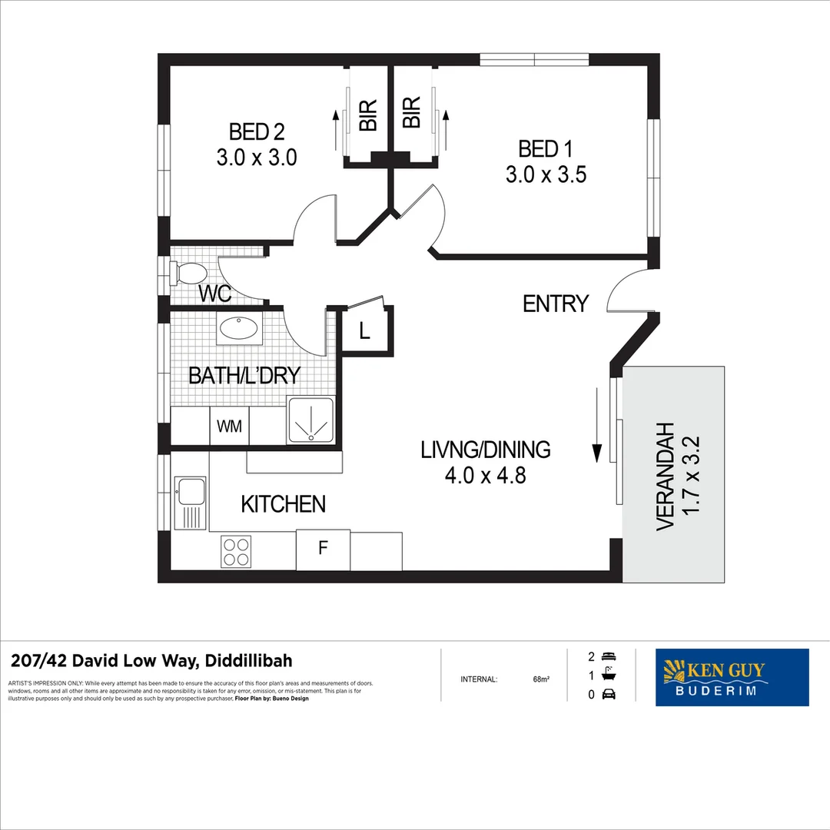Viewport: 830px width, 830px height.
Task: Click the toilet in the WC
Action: click(191, 274)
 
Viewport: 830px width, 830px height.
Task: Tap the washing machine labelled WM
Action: click(229, 427)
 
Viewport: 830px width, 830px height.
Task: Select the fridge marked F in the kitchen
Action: click(323, 549)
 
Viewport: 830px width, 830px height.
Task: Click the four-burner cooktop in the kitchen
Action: click(236, 551)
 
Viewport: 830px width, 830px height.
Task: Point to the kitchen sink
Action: click(190, 491)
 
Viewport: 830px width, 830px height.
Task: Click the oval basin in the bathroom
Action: click(238, 329)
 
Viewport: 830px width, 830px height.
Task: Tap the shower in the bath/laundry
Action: click(310, 420)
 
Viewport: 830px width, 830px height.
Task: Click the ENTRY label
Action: click(555, 304)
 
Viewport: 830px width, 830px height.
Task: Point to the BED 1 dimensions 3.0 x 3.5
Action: click(546, 175)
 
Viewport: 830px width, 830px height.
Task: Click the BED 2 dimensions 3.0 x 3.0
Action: click(257, 158)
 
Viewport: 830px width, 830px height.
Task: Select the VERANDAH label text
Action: click(665, 476)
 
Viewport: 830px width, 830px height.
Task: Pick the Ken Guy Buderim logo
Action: click(732, 677)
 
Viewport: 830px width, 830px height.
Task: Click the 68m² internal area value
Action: click(540, 679)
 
